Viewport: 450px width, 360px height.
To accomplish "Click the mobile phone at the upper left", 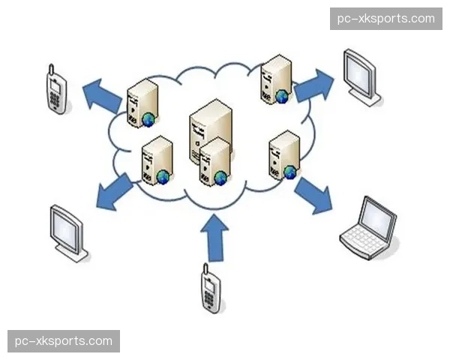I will coord(55,92).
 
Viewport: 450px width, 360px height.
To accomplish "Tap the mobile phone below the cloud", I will coord(211,290).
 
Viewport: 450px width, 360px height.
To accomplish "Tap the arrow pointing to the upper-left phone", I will coord(100,96).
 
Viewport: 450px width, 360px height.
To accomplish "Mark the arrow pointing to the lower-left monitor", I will coord(114,192).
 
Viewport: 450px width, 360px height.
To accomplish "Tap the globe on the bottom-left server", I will coord(163,177).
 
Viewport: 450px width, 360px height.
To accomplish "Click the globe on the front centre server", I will coord(220,178).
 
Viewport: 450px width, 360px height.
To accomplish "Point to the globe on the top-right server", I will coord(281,96).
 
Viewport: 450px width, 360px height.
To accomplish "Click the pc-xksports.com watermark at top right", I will coord(386,18).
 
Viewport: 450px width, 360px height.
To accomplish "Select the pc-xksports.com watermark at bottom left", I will coord(63,341).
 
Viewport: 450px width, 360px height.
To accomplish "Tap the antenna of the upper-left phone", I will coord(49,70).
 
